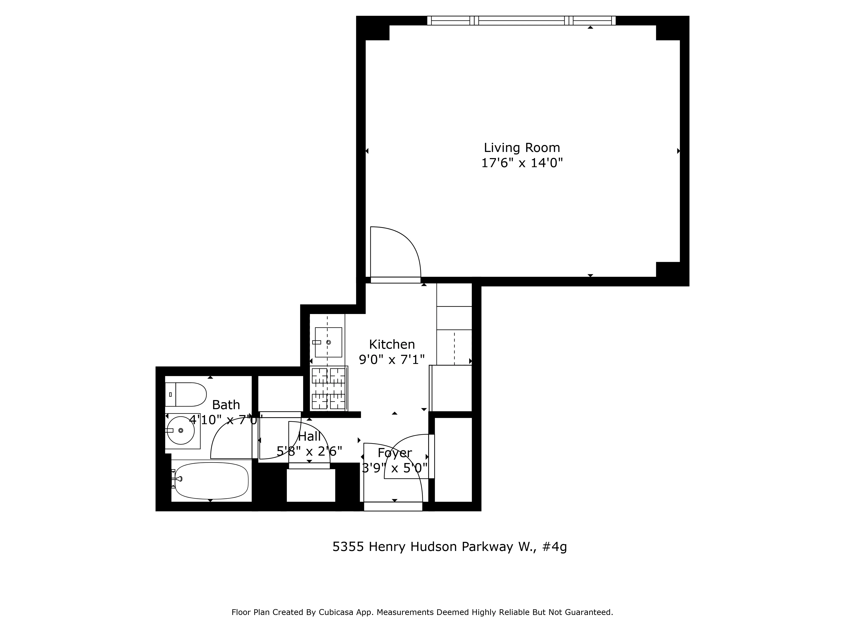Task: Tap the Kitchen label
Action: tap(392, 344)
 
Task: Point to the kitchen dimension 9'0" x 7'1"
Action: tap(392, 360)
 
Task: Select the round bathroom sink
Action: tap(181, 430)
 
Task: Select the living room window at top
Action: tap(521, 21)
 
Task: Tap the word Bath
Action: tap(226, 405)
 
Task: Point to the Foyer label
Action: tap(395, 453)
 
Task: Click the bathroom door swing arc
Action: tap(229, 440)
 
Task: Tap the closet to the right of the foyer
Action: tap(453, 459)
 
